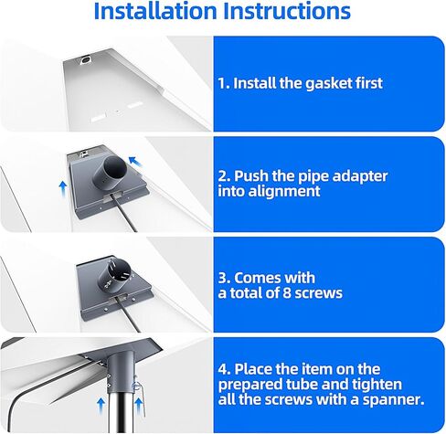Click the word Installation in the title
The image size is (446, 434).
[x=155, y=11]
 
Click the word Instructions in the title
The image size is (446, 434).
[x=287, y=11]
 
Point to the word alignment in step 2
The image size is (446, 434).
[x=284, y=192]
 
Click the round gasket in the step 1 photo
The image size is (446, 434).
[x=86, y=60]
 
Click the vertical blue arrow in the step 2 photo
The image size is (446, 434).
[x=63, y=188]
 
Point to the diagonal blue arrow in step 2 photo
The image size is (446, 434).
[x=135, y=162]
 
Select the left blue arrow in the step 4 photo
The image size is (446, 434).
[x=101, y=407]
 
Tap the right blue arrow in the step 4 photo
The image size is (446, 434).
[x=139, y=407]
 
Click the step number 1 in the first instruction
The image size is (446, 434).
[x=222, y=83]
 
